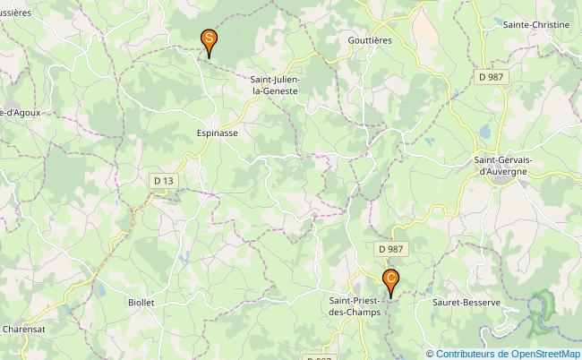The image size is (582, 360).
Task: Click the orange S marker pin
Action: (x=209, y=40)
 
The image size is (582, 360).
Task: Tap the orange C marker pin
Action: (x=390, y=280)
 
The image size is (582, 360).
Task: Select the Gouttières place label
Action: (x=370, y=40)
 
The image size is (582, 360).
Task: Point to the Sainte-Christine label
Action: (x=536, y=25)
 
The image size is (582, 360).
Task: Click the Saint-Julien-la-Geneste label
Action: (x=275, y=85)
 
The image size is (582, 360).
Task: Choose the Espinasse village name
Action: (x=217, y=132)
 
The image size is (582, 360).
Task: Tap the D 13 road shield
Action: (x=163, y=181)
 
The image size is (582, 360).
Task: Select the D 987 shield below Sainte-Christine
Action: (x=491, y=77)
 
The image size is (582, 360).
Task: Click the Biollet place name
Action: (x=141, y=303)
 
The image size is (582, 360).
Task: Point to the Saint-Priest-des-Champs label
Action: (x=355, y=306)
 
